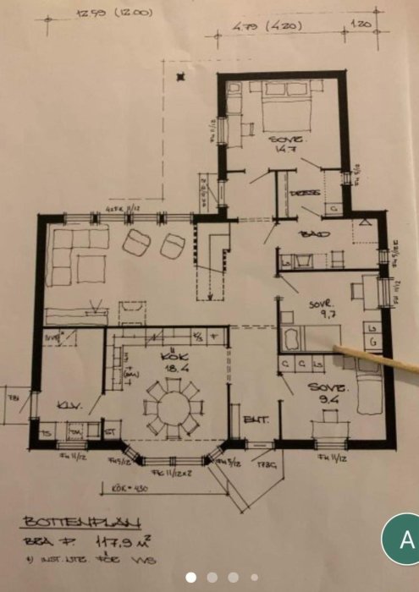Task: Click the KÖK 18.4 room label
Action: (174, 364)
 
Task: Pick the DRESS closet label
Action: (305, 194)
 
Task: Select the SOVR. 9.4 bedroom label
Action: (323, 392)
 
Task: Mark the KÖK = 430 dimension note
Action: (131, 489)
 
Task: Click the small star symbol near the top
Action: (179, 78)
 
